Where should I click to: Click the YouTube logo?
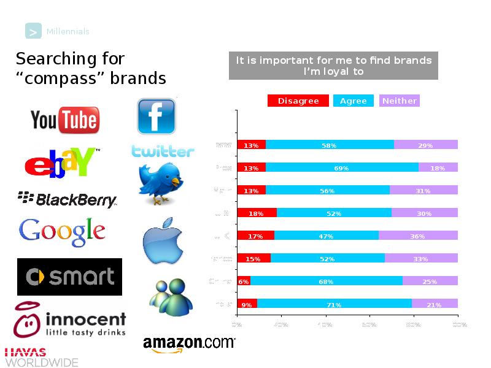click(x=64, y=120)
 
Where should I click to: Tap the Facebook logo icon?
click(x=156, y=116)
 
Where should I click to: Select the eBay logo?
click(x=61, y=163)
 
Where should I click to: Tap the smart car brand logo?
click(x=69, y=277)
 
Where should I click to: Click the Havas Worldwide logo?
click(x=41, y=357)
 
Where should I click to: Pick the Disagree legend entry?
click(x=298, y=101)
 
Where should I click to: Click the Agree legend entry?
click(x=353, y=101)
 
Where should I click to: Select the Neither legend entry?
click(x=399, y=101)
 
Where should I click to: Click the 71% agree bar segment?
click(x=334, y=304)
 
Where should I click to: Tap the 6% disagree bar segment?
click(x=244, y=282)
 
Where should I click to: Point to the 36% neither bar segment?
click(x=418, y=236)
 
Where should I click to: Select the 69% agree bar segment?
click(x=342, y=168)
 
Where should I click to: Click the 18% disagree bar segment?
click(x=257, y=213)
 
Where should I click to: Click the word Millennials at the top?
click(x=68, y=31)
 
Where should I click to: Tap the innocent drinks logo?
click(x=70, y=321)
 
